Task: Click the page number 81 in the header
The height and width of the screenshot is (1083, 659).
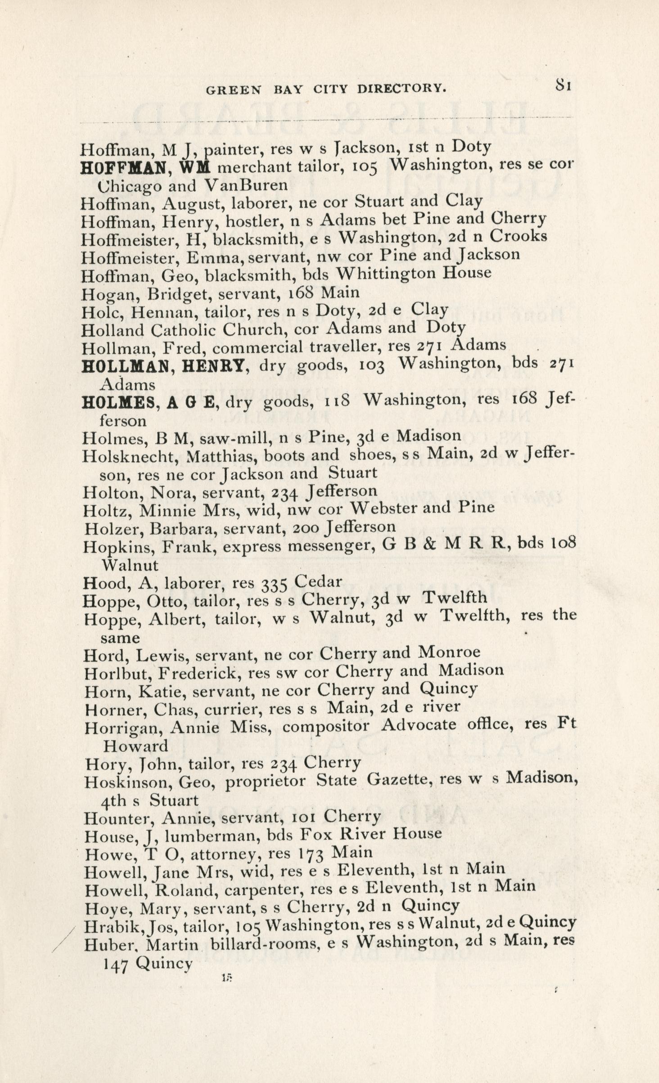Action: tap(563, 85)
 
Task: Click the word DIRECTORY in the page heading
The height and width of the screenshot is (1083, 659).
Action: tap(402, 89)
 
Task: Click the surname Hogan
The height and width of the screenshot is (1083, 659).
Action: tap(102, 294)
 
